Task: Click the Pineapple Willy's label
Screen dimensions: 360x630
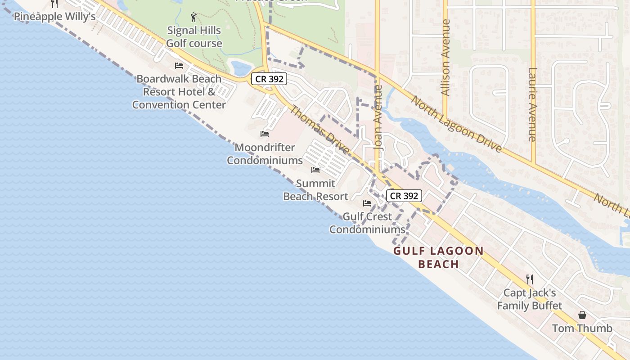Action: coord(54,17)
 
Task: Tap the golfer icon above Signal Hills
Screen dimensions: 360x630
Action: coord(193,18)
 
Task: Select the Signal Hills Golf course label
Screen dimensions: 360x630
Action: coord(194,37)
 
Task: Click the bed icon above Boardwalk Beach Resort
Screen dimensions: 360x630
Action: coord(179,66)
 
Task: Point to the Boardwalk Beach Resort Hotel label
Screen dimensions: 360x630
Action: coord(179,92)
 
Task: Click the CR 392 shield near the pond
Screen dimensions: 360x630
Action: coord(269,79)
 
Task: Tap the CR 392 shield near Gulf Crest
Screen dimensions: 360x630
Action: coord(404,196)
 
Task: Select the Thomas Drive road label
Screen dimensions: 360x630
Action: coord(319,130)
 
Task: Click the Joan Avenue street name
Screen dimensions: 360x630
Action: coord(378,117)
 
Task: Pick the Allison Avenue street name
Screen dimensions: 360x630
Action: coord(446,57)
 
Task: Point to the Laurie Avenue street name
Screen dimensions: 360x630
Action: coord(533,104)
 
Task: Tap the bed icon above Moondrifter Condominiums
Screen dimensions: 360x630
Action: coord(265,134)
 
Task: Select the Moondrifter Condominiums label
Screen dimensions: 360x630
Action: coord(265,154)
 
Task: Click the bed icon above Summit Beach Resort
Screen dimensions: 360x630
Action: coord(315,170)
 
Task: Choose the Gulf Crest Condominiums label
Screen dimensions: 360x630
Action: coord(367,223)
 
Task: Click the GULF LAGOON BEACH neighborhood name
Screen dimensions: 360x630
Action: coord(438,257)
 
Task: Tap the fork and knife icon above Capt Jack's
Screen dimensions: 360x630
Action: coord(530,279)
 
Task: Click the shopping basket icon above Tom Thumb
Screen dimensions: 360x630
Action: coord(582,315)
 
